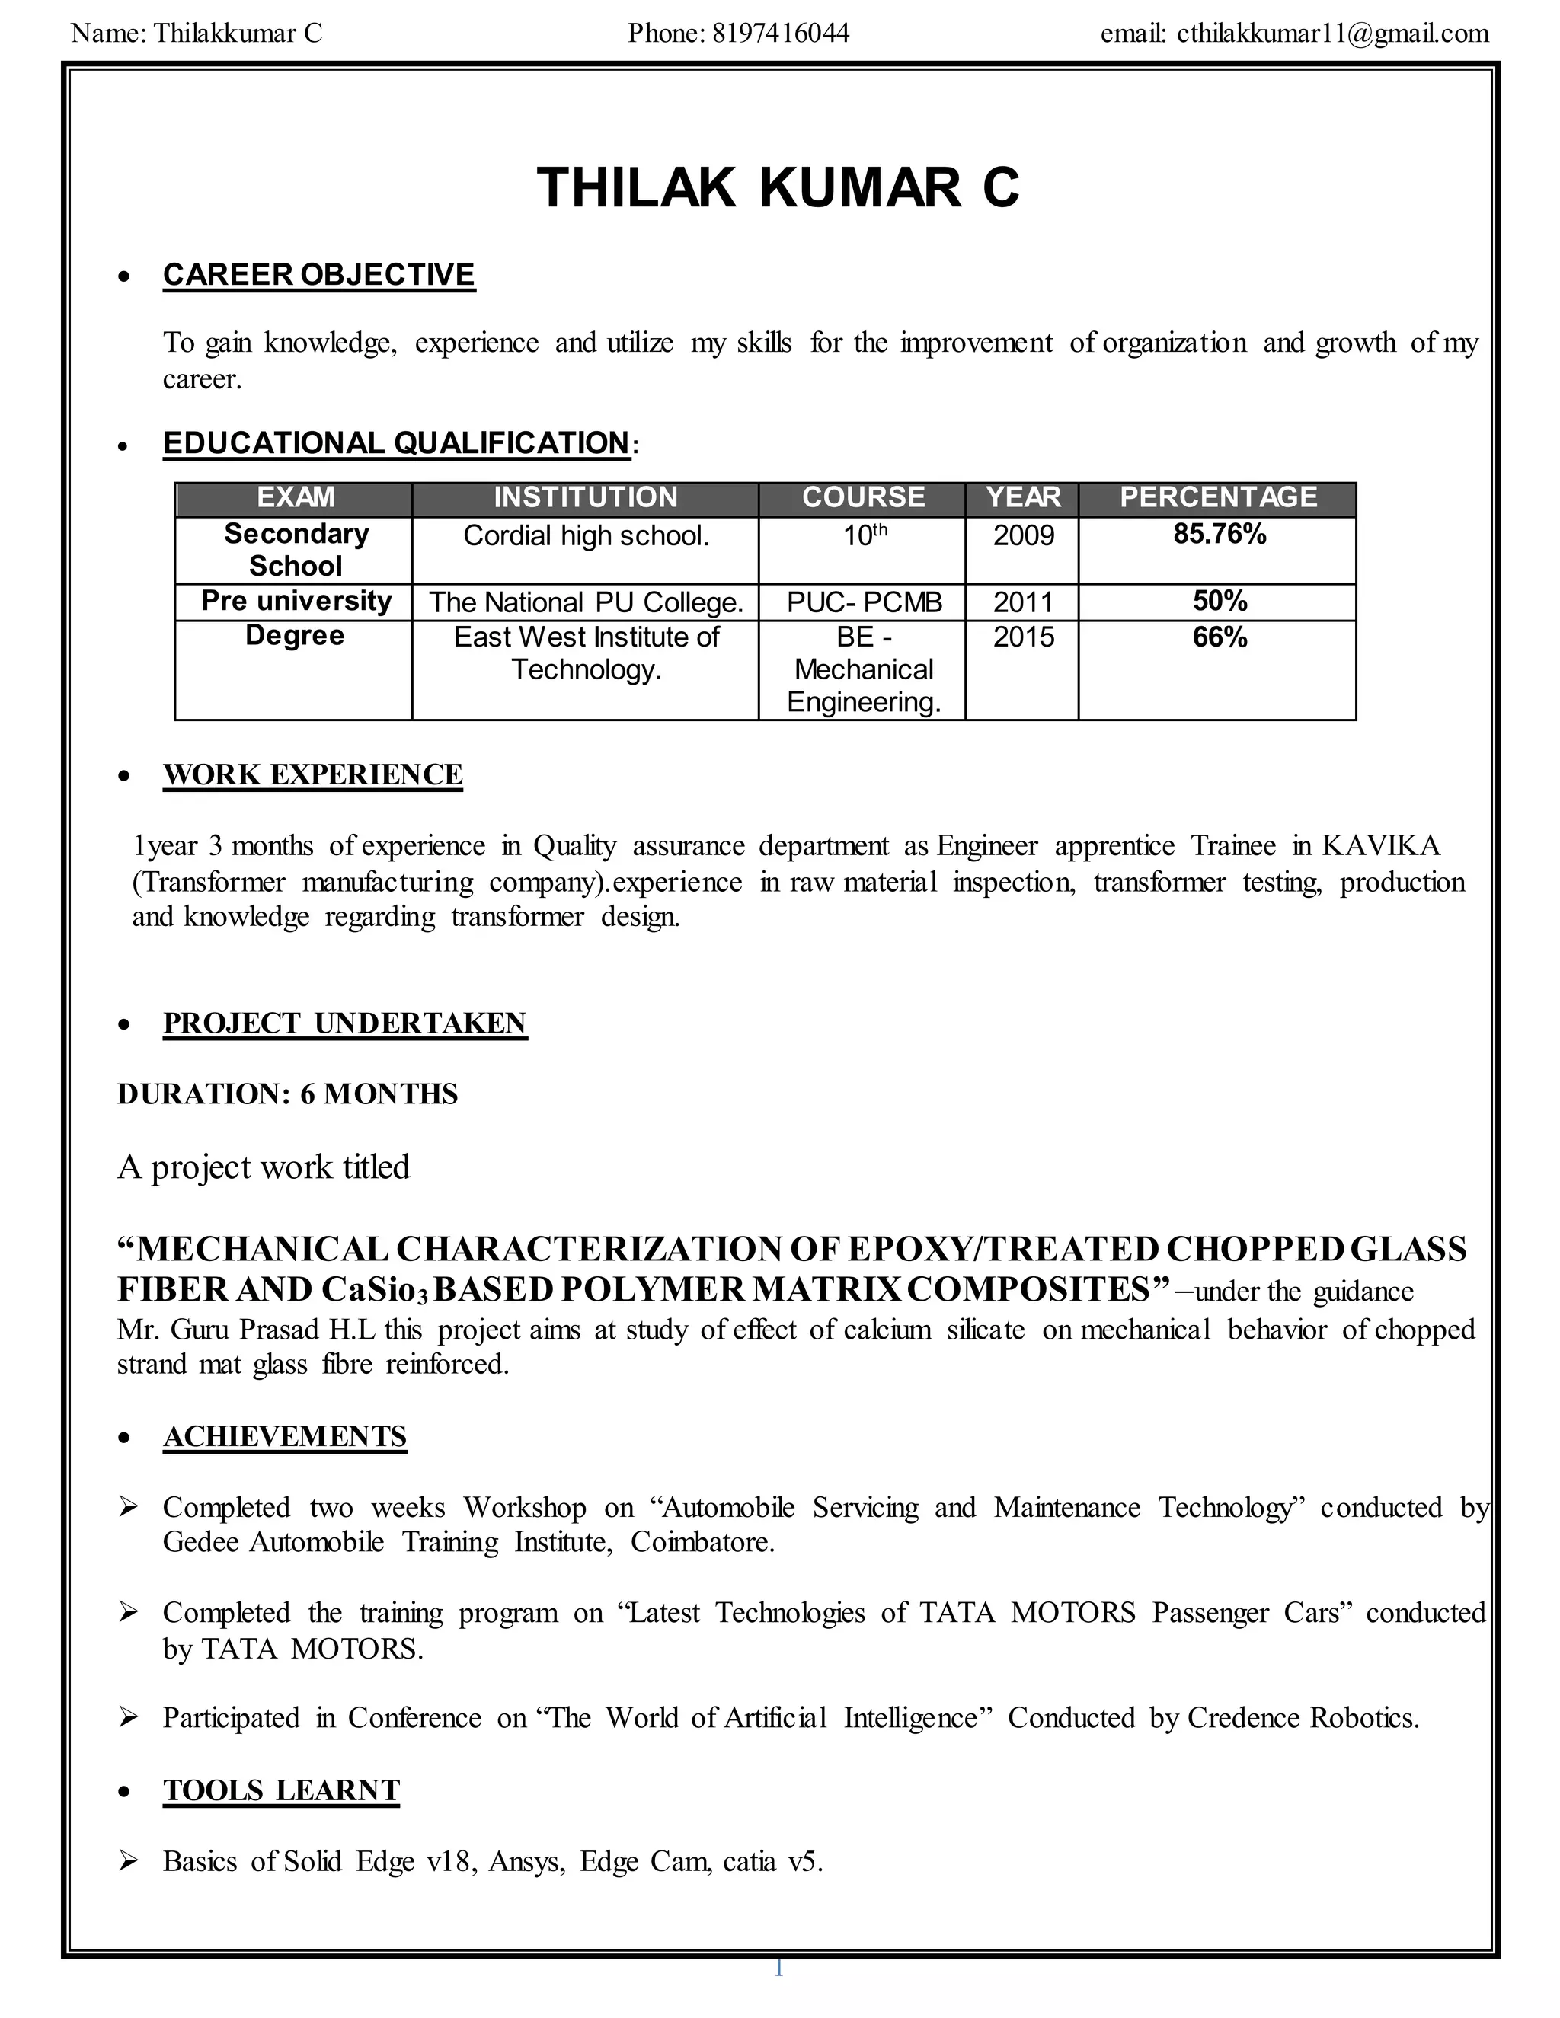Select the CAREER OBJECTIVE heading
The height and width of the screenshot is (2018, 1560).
click(x=319, y=276)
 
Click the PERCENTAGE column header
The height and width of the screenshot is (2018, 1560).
click(x=1218, y=498)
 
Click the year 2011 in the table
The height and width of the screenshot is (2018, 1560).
click(x=1023, y=602)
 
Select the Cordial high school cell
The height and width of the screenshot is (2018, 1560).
click(x=586, y=536)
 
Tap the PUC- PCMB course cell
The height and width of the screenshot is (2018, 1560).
click(x=864, y=602)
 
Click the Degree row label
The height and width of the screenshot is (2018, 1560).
click(x=295, y=637)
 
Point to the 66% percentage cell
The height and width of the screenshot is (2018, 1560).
click(x=1219, y=637)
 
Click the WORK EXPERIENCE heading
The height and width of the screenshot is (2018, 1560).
click(x=312, y=775)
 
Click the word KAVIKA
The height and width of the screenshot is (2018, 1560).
click(x=1381, y=846)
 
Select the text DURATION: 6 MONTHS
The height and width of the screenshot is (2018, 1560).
click(x=287, y=1094)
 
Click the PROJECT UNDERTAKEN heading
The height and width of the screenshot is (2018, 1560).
click(x=345, y=1023)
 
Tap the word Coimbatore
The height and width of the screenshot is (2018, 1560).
click(x=701, y=1542)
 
